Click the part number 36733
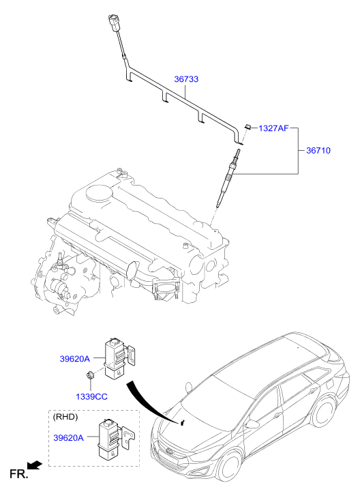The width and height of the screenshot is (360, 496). click(x=185, y=80)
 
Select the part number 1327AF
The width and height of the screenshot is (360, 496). click(x=274, y=127)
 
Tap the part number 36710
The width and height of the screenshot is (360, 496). click(x=317, y=150)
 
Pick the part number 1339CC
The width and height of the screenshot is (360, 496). click(x=91, y=396)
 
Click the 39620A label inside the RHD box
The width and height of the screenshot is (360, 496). click(x=67, y=438)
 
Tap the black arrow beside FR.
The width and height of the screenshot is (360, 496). click(x=35, y=465)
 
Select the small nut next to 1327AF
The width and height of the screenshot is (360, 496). click(x=250, y=126)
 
